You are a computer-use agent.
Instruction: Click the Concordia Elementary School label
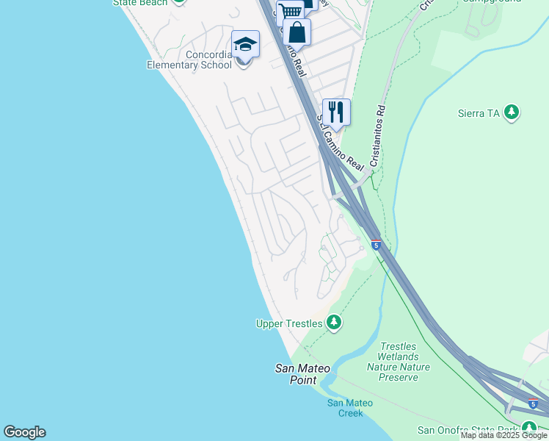click(x=198, y=59)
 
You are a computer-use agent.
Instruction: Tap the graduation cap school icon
click(x=245, y=43)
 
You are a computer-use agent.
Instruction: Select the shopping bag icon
click(x=297, y=32)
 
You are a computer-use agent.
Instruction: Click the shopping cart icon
click(x=291, y=11)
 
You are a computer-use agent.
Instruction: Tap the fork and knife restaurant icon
click(x=336, y=112)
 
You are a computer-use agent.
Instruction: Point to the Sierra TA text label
click(x=480, y=113)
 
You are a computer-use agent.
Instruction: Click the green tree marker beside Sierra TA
click(x=512, y=112)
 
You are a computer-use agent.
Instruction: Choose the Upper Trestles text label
click(x=288, y=323)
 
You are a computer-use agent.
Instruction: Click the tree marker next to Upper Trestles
click(x=334, y=323)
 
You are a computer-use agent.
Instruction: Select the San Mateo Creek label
click(x=349, y=408)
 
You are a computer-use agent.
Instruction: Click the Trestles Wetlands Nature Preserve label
click(x=398, y=362)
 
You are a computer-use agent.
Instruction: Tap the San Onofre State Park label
click(x=467, y=430)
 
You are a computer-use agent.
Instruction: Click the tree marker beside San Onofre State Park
click(x=528, y=429)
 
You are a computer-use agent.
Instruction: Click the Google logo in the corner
click(x=24, y=432)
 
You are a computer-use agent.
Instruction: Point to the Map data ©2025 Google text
click(x=503, y=435)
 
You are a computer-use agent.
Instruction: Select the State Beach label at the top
click(x=139, y=3)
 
